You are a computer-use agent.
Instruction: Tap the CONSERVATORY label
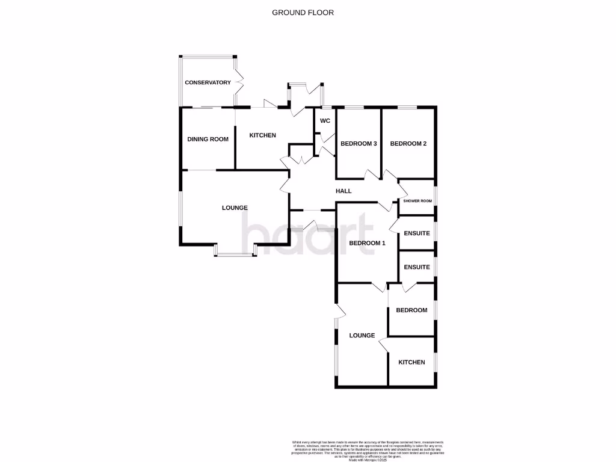click(208, 82)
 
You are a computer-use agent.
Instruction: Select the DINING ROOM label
click(208, 139)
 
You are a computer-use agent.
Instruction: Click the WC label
click(325, 121)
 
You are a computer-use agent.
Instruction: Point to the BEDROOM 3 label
click(359, 144)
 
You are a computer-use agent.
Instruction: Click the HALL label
click(343, 191)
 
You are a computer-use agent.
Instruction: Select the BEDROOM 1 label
click(366, 243)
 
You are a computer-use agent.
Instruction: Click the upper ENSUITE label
click(417, 233)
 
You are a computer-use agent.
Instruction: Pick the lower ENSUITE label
click(417, 267)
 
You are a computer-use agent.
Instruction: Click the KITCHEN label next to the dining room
click(263, 135)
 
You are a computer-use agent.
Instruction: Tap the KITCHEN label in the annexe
click(412, 362)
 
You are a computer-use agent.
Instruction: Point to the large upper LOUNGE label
click(235, 208)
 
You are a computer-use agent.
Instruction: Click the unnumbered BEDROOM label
click(411, 310)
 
